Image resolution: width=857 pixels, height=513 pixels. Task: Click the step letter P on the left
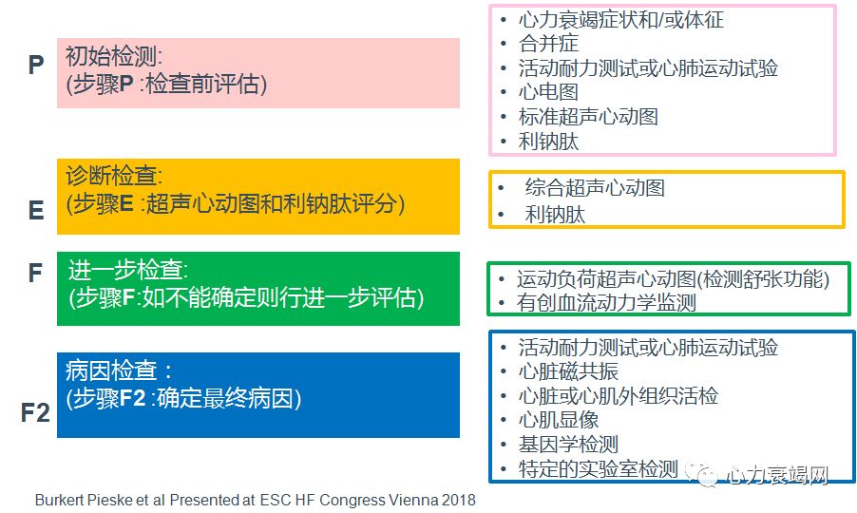tap(36, 66)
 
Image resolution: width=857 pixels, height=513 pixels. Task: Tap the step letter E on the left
tap(36, 209)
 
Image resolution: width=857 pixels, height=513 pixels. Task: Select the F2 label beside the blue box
tap(36, 413)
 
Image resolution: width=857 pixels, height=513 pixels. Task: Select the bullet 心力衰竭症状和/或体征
tap(621, 19)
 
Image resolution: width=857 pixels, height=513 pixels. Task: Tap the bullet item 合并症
tap(548, 44)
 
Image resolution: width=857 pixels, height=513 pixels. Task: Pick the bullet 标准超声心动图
tap(588, 117)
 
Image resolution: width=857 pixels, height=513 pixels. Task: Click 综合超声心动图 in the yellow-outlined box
tap(595, 187)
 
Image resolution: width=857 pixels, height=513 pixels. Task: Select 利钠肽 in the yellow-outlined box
tap(555, 215)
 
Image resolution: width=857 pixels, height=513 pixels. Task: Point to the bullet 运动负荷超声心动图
tap(673, 279)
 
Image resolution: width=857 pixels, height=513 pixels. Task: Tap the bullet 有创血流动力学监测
tap(607, 303)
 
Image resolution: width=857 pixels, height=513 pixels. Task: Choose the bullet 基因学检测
tap(568, 444)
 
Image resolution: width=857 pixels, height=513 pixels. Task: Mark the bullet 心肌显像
tap(558, 420)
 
